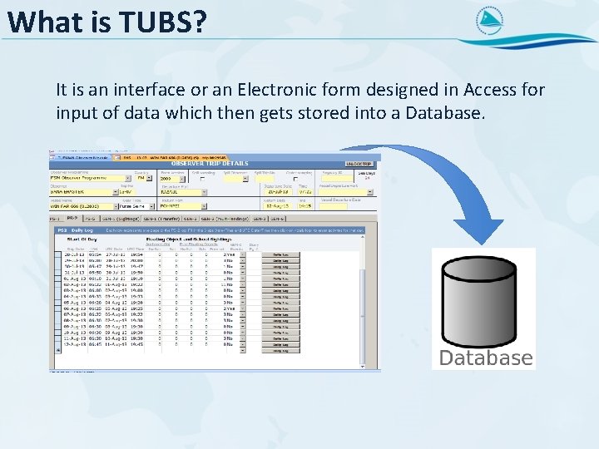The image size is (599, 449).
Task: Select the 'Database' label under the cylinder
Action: pos(485,358)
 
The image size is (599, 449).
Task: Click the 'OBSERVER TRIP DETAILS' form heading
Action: pos(210,164)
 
